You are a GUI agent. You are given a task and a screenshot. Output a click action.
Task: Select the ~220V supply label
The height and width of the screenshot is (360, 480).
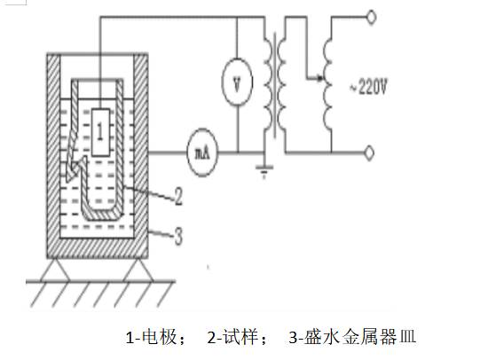pos(368,87)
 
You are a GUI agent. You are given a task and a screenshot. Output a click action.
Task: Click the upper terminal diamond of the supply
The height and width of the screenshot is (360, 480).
pos(371,17)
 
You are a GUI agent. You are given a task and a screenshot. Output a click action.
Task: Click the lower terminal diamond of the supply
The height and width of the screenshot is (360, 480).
pos(369,153)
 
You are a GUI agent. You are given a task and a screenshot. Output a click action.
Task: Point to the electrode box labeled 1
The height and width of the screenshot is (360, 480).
pos(101,132)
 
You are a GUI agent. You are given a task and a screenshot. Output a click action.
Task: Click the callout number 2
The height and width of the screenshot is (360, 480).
pos(178,196)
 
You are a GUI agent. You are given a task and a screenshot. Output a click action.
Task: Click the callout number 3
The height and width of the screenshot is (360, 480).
pos(178,235)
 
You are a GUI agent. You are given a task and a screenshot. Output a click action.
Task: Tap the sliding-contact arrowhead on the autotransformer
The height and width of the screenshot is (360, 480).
pos(319,79)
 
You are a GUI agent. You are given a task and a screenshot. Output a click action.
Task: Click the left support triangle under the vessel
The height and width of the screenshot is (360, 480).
pos(56,270)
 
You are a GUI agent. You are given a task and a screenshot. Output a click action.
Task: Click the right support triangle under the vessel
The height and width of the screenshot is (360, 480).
pos(138,270)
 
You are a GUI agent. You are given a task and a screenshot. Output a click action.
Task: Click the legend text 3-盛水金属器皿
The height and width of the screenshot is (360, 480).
pos(352,337)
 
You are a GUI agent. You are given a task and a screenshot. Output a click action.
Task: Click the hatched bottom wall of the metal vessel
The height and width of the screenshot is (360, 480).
pos(98,248)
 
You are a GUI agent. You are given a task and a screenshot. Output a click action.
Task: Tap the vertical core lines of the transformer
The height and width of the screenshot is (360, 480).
pos(276,85)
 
